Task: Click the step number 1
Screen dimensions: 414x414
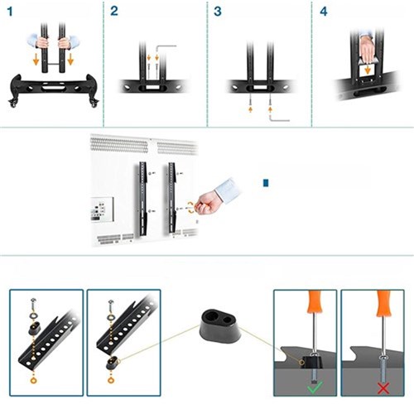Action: pos(10,12)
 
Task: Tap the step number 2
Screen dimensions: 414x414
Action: pos(114,12)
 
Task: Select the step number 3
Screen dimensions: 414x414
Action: pos(218,12)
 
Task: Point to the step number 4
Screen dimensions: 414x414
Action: pos(324,12)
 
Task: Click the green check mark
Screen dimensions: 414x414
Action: pos(315,387)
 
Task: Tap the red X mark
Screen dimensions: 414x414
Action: pos(383,388)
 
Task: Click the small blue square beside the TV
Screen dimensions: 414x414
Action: pos(266,183)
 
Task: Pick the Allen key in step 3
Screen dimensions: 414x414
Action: pos(279,118)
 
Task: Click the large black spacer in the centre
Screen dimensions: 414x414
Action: pos(220,326)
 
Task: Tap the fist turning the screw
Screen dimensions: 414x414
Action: pos(206,202)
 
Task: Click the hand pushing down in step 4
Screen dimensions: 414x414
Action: pos(367,48)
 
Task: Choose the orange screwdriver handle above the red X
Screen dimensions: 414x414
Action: pos(384,303)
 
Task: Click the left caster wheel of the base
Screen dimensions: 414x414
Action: pos(12,103)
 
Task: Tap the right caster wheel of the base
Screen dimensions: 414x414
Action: pos(94,103)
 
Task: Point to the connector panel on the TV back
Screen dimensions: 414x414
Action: pos(102,209)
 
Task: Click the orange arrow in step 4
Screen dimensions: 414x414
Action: pos(367,69)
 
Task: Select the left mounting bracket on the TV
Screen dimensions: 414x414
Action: pos(142,199)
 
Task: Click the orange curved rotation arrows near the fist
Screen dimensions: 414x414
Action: pos(190,208)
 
